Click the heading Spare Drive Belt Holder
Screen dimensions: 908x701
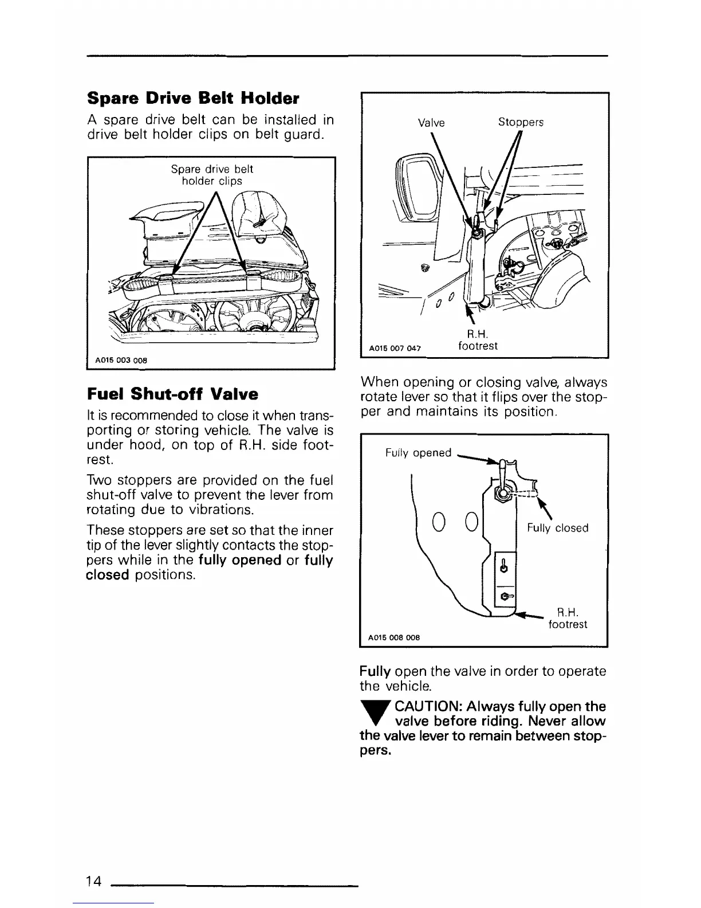coord(193,98)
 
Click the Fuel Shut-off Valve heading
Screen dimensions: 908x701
coord(172,394)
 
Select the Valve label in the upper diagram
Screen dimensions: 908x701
coord(431,123)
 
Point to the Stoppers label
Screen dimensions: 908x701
coord(521,123)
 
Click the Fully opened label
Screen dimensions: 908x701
coord(419,453)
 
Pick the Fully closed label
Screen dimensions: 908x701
coord(557,528)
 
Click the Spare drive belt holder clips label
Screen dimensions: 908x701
coord(212,175)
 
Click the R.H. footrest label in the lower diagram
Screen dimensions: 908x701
coord(568,618)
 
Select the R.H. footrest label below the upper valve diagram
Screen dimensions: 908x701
coord(478,340)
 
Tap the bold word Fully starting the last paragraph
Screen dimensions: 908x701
coord(375,671)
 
